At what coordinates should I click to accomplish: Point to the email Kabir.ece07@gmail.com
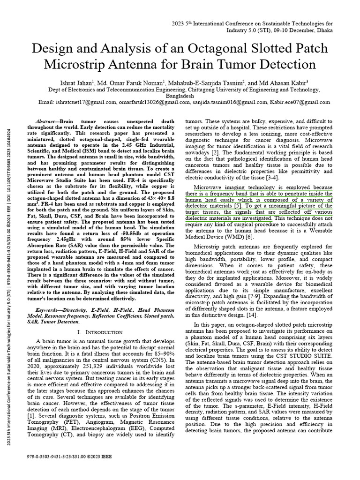pos(300,102)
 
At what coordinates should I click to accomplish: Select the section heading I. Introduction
pos(102,332)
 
